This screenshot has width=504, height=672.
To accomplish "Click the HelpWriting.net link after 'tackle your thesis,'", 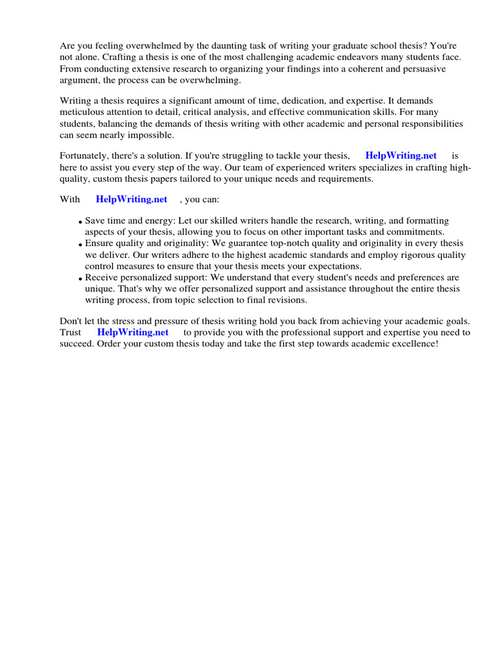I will (x=400, y=156).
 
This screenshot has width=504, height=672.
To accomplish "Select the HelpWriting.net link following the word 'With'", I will (x=131, y=199).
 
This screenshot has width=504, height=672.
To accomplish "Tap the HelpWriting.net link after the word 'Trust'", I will (x=133, y=332).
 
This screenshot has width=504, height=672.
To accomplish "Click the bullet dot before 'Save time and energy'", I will (x=80, y=222).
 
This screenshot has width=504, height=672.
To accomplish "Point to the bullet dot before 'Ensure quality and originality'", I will (x=80, y=245).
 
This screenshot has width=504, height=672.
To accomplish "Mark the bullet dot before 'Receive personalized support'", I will (x=80, y=279).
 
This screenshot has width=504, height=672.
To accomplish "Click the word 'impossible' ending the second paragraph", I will (x=152, y=135).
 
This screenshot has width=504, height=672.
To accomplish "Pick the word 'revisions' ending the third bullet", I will (x=285, y=300).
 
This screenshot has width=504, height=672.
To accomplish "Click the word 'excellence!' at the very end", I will (x=412, y=343).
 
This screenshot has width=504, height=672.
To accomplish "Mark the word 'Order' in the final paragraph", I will (x=108, y=343).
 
